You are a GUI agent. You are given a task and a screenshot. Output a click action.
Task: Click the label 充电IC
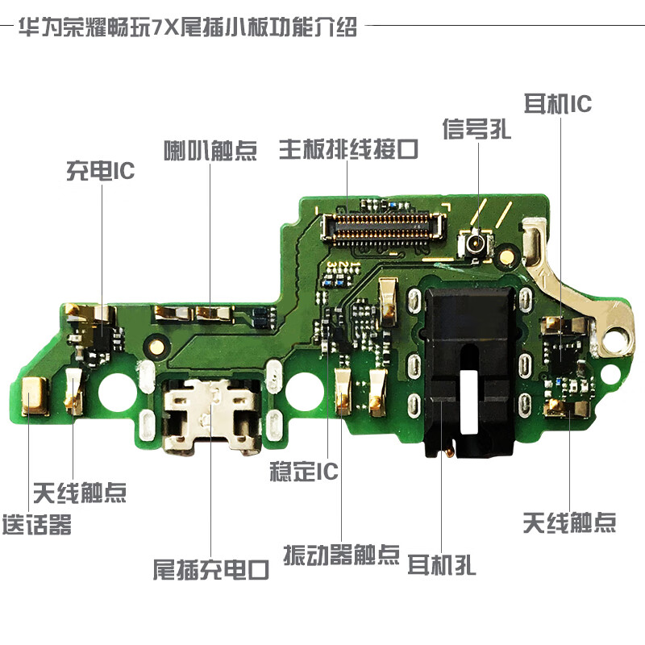click(x=100, y=171)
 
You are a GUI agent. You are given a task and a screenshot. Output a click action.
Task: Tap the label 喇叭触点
click(x=210, y=151)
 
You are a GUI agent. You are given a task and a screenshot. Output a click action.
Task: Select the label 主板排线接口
click(x=349, y=149)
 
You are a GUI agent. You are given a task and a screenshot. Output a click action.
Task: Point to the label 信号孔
click(x=476, y=130)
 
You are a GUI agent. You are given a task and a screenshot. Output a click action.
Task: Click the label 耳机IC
click(x=558, y=104)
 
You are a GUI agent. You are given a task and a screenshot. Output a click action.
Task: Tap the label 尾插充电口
click(x=211, y=571)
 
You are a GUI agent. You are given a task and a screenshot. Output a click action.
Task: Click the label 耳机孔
click(x=442, y=564)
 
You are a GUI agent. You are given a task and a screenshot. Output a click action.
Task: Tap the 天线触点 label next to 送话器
click(x=80, y=492)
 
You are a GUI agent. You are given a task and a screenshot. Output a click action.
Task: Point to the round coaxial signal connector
click(x=476, y=243)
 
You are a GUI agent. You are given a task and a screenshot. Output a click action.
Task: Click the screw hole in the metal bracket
click(x=620, y=333)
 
